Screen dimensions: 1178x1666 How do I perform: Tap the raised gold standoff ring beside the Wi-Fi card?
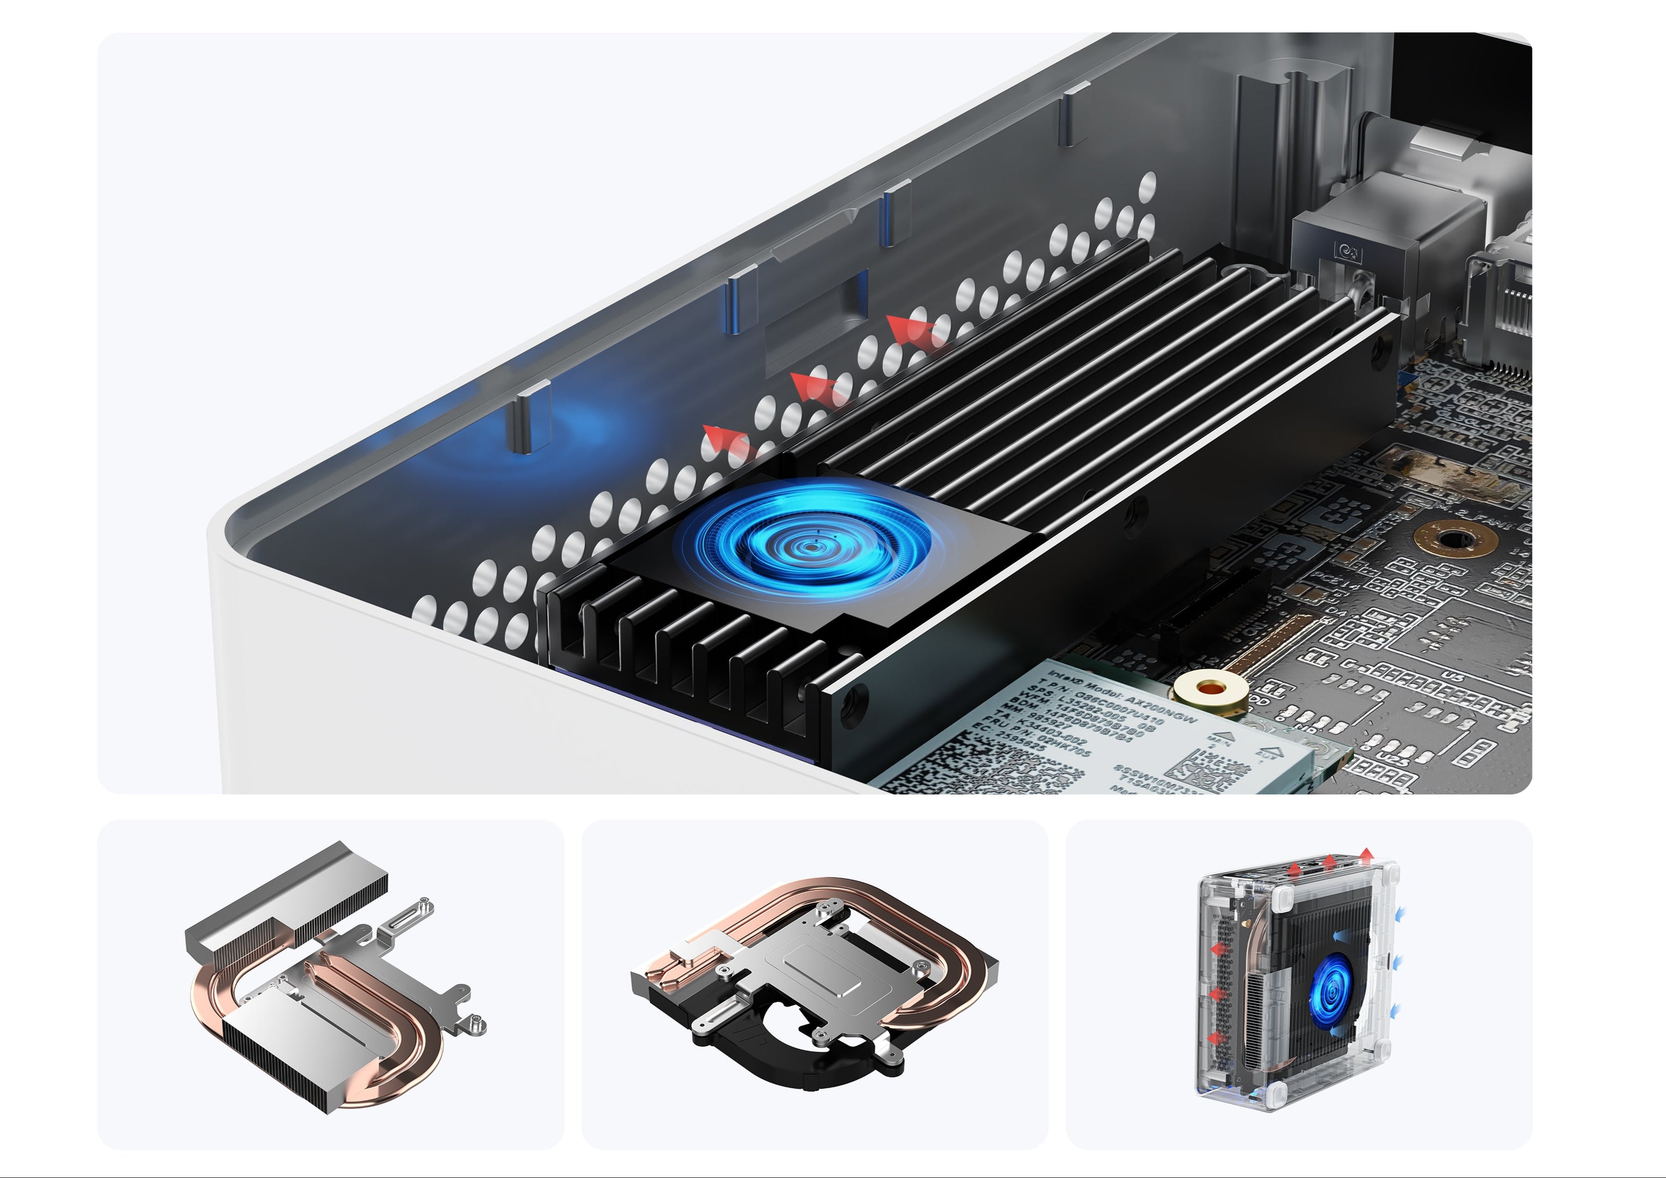[x=1208, y=690]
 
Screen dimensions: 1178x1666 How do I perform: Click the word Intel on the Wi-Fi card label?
[x=1064, y=679]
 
